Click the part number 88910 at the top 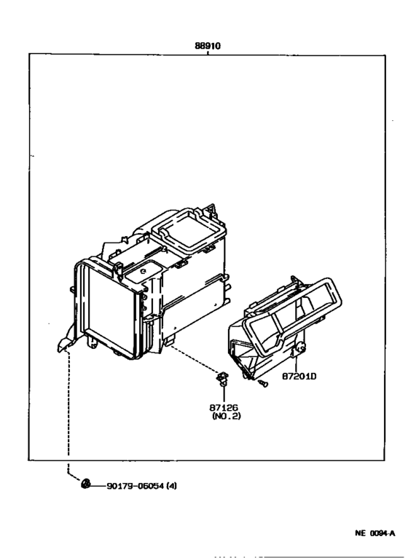pyautogui.click(x=208, y=46)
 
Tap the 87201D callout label pyautogui.click(x=299, y=376)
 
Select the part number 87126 pyautogui.click(x=224, y=408)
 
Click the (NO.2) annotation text pyautogui.click(x=227, y=416)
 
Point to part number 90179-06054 pyautogui.click(x=136, y=486)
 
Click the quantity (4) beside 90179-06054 pyautogui.click(x=172, y=486)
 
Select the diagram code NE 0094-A pyautogui.click(x=375, y=533)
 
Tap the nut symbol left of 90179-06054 pyautogui.click(x=85, y=484)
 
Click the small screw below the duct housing pyautogui.click(x=263, y=383)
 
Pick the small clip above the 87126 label pyautogui.click(x=222, y=378)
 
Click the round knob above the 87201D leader pyautogui.click(x=300, y=347)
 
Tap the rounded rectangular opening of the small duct pyautogui.click(x=293, y=318)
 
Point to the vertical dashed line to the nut pyautogui.click(x=68, y=403)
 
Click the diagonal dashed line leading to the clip pyautogui.click(x=193, y=358)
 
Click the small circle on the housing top pyautogui.click(x=144, y=271)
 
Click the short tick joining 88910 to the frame pyautogui.click(x=208, y=52)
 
